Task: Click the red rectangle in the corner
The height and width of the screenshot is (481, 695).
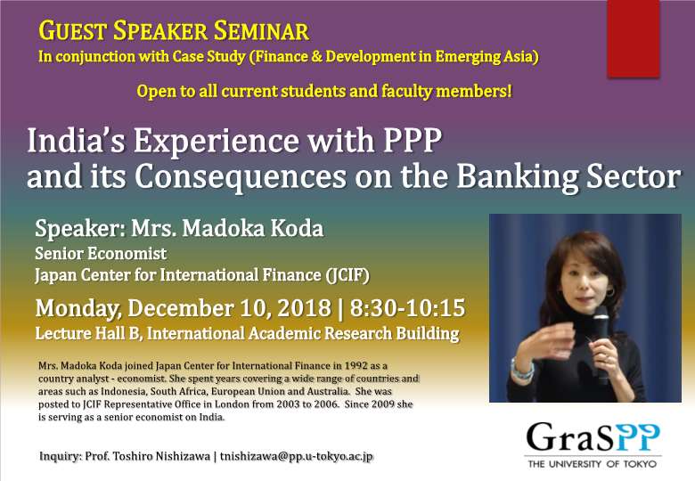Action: click(634, 38)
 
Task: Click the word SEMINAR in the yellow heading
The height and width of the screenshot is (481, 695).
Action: click(261, 31)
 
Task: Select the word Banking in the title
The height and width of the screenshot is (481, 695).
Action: click(517, 177)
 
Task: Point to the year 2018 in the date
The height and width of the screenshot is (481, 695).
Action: click(305, 308)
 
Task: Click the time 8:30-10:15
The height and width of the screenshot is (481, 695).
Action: click(407, 308)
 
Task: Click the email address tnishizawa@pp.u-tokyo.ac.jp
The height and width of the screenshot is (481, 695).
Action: click(297, 457)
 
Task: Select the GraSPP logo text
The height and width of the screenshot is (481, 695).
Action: click(593, 437)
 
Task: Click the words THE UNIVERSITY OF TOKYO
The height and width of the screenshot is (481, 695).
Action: click(593, 464)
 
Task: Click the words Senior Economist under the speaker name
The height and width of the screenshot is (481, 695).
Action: click(101, 254)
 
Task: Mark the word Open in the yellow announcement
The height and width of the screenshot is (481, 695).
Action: click(153, 92)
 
